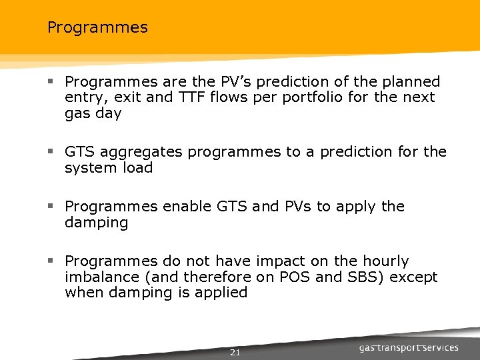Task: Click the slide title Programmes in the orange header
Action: coord(97,28)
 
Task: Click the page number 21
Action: coord(235,352)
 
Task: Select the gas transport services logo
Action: coord(409,348)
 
